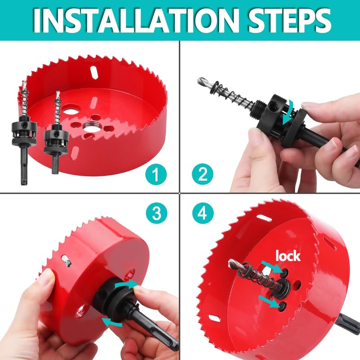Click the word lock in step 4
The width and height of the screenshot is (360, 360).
288,256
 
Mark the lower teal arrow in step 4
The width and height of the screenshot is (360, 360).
270,301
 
